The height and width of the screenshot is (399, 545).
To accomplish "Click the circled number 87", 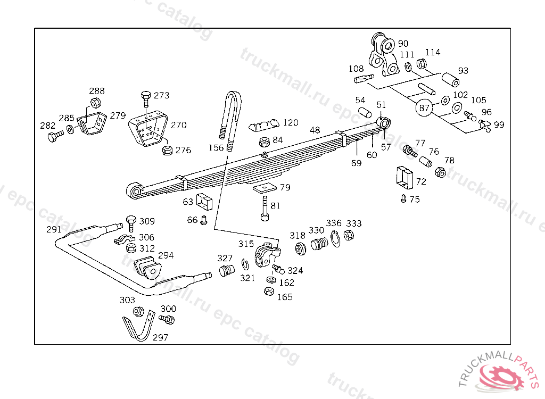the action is [x=424, y=108].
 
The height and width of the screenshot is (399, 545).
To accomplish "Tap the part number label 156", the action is [x=216, y=148].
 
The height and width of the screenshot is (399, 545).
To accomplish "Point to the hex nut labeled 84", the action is [x=265, y=142].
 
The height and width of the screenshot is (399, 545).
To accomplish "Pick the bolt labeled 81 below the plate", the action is [x=265, y=208].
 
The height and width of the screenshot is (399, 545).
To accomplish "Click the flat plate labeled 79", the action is [x=265, y=188].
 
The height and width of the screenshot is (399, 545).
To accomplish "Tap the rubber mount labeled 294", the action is [x=148, y=268].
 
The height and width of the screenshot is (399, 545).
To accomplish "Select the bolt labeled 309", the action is [x=131, y=223].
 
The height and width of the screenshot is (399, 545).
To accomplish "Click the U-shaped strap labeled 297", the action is [x=139, y=325].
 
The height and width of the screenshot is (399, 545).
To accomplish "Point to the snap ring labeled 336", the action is [x=335, y=239].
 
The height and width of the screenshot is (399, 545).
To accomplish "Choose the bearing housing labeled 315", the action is [x=267, y=255].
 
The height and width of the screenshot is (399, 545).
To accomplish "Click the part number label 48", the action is [x=315, y=130].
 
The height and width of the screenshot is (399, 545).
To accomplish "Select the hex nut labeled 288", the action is [x=96, y=103].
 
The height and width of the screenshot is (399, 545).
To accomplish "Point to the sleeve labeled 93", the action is [x=450, y=80].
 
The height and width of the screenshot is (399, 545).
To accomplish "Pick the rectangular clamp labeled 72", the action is [x=404, y=177].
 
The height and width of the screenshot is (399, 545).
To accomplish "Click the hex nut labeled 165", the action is [x=269, y=291].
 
